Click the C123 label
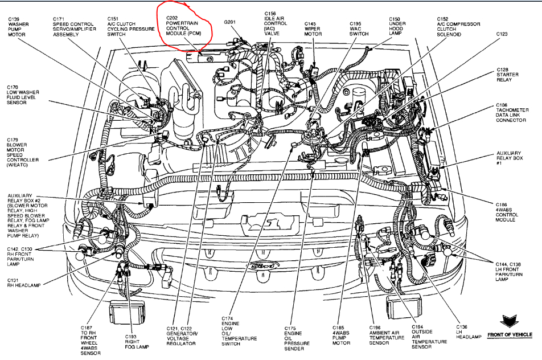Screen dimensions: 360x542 click(501, 35)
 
